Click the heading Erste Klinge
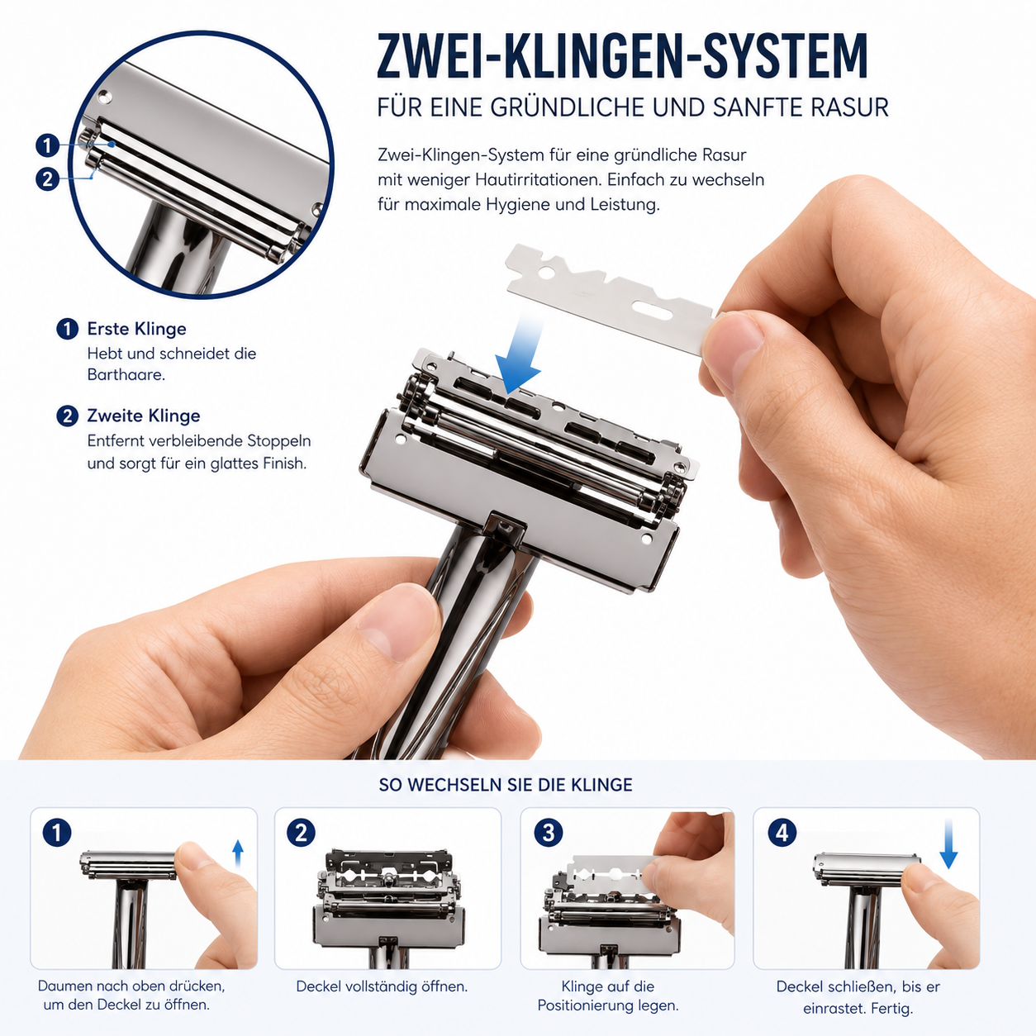tap(136, 329)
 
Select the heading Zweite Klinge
tap(144, 416)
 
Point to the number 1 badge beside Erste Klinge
tap(67, 329)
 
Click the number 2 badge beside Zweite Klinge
tap(67, 416)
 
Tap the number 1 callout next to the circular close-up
tap(48, 145)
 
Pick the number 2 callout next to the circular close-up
tap(48, 179)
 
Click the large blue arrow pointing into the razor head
tap(520, 354)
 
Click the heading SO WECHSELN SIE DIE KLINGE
tap(506, 785)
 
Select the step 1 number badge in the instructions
tap(57, 834)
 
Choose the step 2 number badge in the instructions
tap(301, 834)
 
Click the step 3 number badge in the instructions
tap(549, 834)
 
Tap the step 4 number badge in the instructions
tap(782, 834)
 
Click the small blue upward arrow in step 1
tap(238, 853)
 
